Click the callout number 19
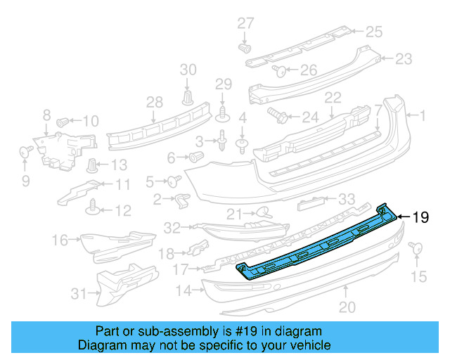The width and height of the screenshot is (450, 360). (420, 217)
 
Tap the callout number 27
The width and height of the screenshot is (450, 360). (245, 23)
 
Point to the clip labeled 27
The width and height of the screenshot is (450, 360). (245, 49)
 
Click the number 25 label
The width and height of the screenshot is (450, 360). (373, 31)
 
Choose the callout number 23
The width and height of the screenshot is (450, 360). (403, 59)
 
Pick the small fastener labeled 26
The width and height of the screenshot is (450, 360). (278, 70)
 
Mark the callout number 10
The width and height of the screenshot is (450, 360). (91, 120)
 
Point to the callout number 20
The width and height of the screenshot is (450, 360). (347, 307)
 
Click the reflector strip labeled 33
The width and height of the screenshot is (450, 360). (314, 204)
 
